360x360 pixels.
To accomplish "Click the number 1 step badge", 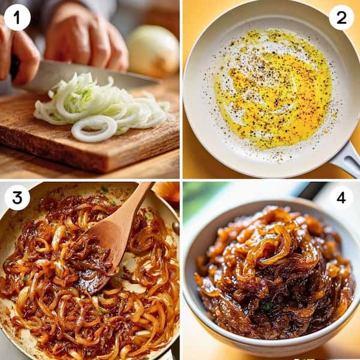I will click(17, 17).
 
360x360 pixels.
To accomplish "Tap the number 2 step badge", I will click(341, 17).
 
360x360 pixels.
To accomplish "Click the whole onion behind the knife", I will click(153, 50).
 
